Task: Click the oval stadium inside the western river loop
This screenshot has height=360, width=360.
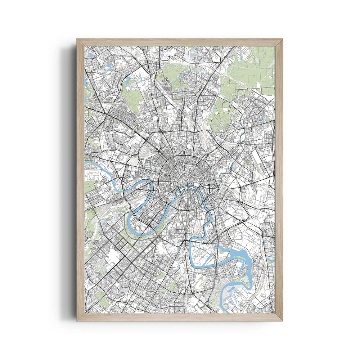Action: tap(138, 228)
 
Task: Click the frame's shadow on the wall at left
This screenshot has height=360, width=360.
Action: tap(70, 180)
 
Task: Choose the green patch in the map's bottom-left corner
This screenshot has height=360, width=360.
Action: tap(103, 302)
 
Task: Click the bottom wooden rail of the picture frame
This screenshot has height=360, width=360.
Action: tap(180, 317)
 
